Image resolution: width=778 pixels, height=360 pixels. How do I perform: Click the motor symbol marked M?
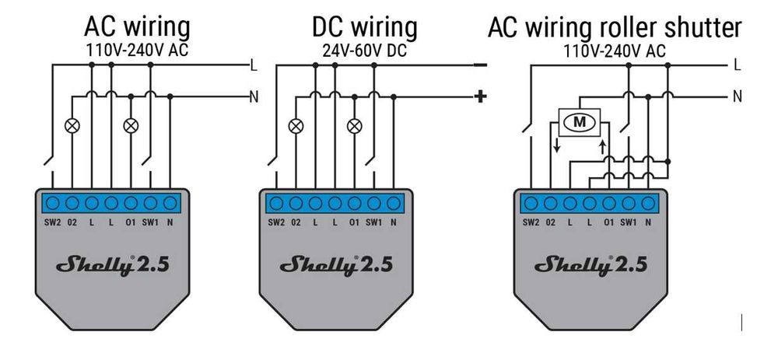578,121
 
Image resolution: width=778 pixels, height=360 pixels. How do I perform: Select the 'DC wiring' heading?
364,27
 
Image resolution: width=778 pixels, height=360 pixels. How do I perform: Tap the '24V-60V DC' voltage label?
364,51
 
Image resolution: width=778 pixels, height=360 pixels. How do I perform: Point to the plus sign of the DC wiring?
480,96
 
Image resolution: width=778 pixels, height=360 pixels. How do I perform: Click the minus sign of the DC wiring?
480,65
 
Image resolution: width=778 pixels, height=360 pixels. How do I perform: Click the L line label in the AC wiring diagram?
254,65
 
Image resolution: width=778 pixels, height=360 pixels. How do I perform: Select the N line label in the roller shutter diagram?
737,96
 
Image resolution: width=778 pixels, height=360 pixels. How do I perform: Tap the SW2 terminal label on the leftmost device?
52,222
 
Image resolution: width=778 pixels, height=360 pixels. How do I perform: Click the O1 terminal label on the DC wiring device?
354,222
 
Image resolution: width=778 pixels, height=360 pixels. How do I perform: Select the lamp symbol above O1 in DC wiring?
355,124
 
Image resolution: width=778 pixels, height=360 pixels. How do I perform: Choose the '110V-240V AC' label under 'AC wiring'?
137,51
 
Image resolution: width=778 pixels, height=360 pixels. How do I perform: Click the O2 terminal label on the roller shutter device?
551,222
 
